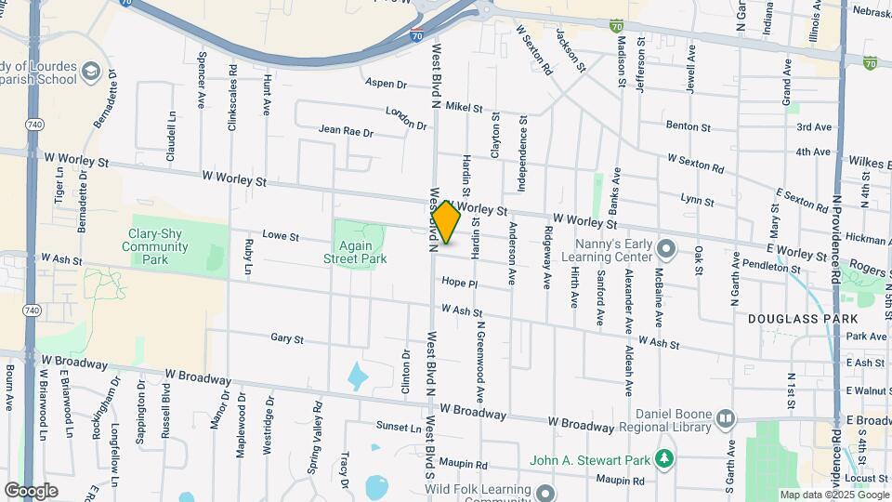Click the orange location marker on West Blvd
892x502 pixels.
[446, 222]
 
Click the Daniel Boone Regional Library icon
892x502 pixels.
[726, 418]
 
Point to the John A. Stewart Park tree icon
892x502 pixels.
[663, 458]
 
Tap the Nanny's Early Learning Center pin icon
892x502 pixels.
[665, 249]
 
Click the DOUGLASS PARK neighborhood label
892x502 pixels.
[790, 319]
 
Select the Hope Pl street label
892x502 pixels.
[459, 283]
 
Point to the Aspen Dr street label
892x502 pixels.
[387, 84]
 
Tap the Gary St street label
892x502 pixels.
[287, 339]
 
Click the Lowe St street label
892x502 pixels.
[280, 237]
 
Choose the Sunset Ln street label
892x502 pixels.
[398, 427]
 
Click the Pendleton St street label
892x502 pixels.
[771, 269]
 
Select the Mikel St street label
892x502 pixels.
[464, 108]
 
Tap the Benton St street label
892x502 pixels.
[688, 125]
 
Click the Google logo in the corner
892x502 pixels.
[31, 490]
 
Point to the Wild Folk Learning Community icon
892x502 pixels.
[545, 490]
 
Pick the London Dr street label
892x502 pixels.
[406, 119]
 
